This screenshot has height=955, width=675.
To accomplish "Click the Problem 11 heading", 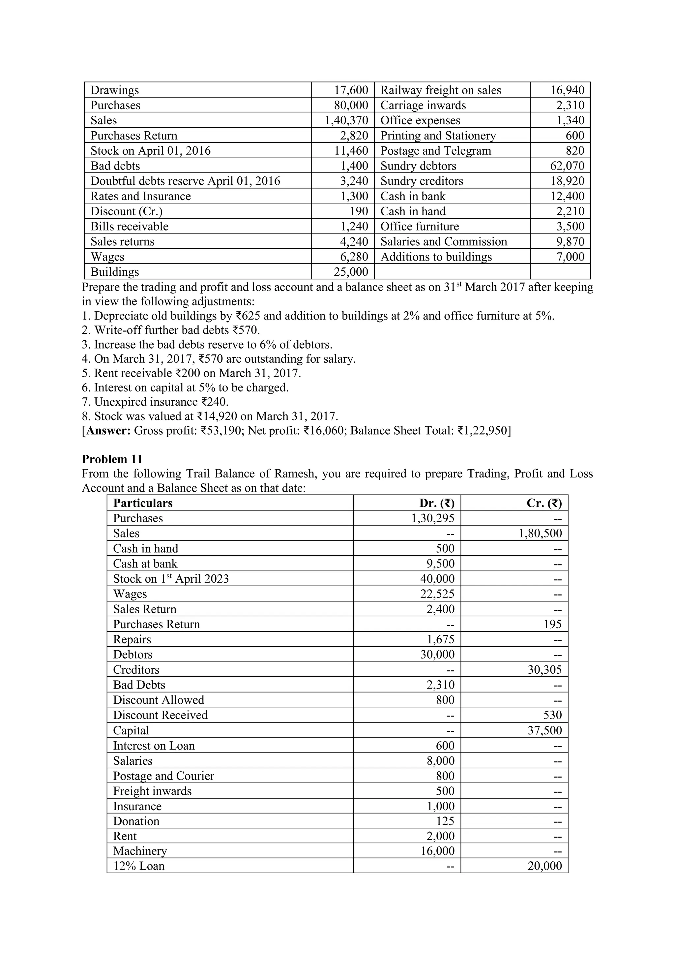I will [x=112, y=459].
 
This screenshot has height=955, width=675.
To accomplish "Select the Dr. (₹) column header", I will [x=436, y=503].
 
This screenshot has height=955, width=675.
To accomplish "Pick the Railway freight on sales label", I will [x=441, y=90].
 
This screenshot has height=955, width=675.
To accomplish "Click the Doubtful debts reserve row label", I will [x=185, y=181].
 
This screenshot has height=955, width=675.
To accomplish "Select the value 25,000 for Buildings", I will [x=351, y=272].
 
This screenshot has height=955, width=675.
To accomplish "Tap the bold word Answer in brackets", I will [x=108, y=430].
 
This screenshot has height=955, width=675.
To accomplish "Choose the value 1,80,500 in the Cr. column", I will [x=540, y=533].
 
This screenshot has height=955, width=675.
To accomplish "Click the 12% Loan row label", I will [x=139, y=866].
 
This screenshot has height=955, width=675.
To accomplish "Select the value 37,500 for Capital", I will [x=544, y=730].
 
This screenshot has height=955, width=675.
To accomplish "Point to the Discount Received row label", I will [x=160, y=715].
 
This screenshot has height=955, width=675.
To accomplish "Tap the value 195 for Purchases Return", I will [x=552, y=624].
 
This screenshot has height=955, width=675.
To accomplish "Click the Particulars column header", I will [x=143, y=503].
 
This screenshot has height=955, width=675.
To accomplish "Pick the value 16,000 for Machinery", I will [x=437, y=850].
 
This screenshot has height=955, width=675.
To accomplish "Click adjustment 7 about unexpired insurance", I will [x=156, y=402].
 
